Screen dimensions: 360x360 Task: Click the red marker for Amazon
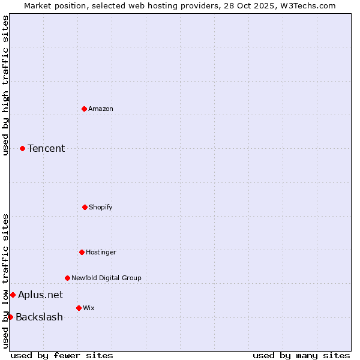84,109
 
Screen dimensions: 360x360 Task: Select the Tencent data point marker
22,148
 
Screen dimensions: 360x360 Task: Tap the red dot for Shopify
85,207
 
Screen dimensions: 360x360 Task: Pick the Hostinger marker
82,252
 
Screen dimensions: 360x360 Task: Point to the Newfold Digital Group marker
67,278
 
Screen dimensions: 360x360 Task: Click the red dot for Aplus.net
13,295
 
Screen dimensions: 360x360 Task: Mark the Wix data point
79,308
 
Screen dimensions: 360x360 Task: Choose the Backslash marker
10,317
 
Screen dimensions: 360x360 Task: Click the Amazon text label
101,109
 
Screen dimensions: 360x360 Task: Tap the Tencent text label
46,148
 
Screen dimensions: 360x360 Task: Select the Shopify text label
101,207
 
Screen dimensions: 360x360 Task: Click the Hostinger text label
101,252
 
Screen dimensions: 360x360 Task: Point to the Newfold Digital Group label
106,278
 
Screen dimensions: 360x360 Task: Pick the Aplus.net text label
40,295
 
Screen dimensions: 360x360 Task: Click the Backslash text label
39,317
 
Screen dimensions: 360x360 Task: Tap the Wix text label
89,308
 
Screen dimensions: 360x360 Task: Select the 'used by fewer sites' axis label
62,355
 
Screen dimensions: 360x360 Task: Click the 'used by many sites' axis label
301,355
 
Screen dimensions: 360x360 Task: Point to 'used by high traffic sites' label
5,85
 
